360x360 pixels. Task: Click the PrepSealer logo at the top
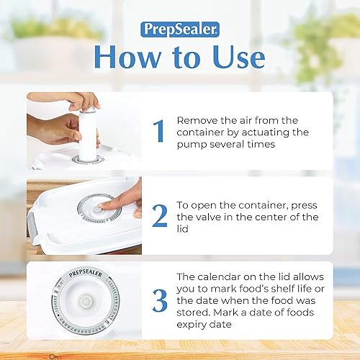pos(179,30)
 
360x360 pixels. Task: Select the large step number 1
pos(160,132)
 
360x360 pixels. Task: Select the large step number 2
pos(160,215)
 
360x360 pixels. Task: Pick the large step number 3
pos(160,300)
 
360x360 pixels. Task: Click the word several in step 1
pos(240,145)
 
